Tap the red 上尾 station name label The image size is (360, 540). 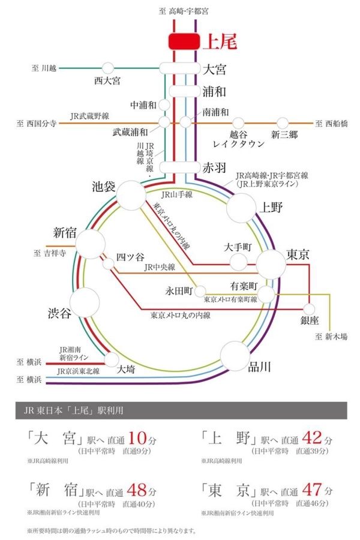[x=220, y=42]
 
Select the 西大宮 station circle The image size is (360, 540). [x=108, y=68]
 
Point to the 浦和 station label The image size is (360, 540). [x=214, y=91]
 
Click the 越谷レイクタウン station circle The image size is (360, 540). [x=238, y=123]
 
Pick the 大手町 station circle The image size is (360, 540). [x=238, y=262]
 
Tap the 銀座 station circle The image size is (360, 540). [x=310, y=308]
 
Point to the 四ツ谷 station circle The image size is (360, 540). [x=109, y=263]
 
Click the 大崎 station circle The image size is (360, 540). [x=112, y=359]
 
